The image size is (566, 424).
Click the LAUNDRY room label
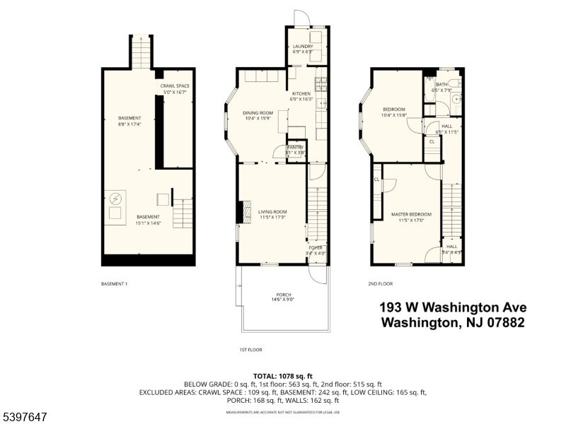pos(303,47)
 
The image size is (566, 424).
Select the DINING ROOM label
pos(258,113)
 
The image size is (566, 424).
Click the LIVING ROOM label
pos(272,212)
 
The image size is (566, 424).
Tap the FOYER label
pos(316,247)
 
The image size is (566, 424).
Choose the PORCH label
pos(284,295)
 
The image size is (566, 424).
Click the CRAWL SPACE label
pos(175,86)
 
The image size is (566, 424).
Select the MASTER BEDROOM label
pos(411,214)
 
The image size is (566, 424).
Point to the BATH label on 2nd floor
pos(441,85)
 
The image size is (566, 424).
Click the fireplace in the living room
pos(246,211)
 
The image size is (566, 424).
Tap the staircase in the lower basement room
pos(183,213)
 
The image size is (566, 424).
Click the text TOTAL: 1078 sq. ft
pos(283,376)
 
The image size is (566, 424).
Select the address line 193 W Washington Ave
pos(453,307)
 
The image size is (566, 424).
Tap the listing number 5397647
pos(24,418)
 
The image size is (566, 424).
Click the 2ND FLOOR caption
pos(380,284)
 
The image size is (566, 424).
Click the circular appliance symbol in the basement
pos(115,199)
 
